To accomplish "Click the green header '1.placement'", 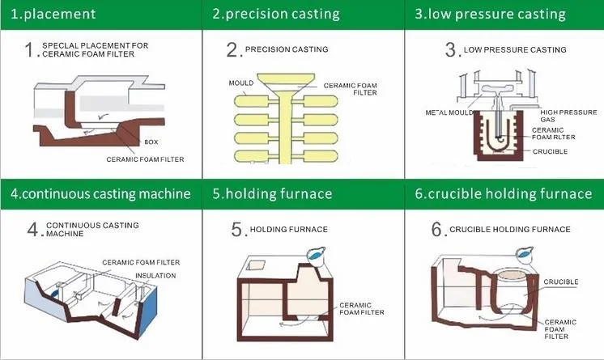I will [x=53, y=14].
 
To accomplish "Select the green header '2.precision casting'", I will [x=275, y=14].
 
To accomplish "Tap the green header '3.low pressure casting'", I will [x=490, y=14].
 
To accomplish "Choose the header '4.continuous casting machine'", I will [x=100, y=194].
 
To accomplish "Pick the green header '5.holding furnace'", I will [x=272, y=194].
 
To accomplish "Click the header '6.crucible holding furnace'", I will [x=503, y=194].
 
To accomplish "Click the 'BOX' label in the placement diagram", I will [x=151, y=142].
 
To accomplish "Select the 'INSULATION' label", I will [x=155, y=276].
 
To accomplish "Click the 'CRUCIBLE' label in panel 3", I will [x=550, y=151].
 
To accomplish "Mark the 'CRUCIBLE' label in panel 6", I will [x=560, y=282].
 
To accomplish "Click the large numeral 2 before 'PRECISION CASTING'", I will [x=232, y=50].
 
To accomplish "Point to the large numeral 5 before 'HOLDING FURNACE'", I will [x=236, y=231].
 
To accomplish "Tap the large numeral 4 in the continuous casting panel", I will [x=33, y=230].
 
